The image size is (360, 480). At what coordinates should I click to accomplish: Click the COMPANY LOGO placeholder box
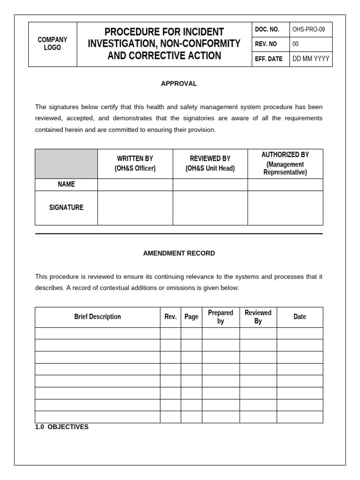point(52,44)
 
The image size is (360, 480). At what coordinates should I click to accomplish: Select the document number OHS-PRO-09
point(309,30)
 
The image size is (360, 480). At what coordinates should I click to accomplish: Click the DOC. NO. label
point(267,30)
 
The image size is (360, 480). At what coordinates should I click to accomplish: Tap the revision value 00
point(295,44)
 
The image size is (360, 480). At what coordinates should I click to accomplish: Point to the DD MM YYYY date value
point(310,59)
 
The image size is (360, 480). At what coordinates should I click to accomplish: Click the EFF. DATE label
point(269,59)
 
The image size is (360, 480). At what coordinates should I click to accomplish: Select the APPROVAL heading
point(179,83)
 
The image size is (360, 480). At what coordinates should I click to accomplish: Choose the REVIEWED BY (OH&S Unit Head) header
point(210,164)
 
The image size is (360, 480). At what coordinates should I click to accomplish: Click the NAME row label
point(66,184)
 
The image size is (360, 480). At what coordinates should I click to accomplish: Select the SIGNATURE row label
point(66,207)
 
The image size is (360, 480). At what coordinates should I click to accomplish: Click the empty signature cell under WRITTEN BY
point(135,208)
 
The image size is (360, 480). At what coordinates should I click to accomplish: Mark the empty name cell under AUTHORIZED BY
point(285,184)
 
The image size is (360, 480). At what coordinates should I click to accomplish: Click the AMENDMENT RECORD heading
point(179,253)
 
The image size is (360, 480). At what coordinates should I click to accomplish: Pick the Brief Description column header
point(97,317)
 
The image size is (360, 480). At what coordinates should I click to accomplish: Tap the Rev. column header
point(171,317)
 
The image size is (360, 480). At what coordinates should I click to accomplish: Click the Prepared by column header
point(220,317)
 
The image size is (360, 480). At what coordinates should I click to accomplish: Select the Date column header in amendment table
point(300,317)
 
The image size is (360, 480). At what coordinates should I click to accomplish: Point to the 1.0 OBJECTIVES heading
point(62,427)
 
